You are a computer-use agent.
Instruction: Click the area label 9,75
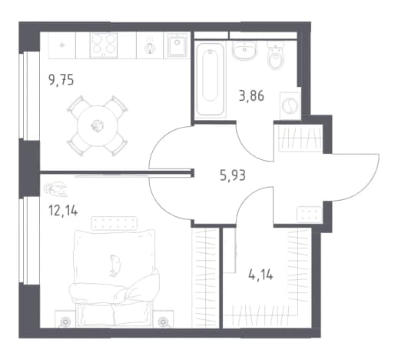click(61, 80)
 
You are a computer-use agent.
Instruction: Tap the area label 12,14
click(63, 212)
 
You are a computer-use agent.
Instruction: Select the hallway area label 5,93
click(233, 175)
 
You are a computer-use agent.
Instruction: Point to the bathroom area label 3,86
click(251, 96)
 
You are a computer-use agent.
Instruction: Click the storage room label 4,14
click(260, 275)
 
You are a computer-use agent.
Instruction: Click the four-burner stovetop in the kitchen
click(104, 45)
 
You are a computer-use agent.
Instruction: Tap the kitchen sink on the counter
click(177, 45)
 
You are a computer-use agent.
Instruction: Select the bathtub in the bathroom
click(211, 79)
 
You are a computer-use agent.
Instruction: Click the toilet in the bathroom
click(276, 56)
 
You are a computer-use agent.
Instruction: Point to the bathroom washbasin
click(244, 51)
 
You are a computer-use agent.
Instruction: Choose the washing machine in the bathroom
click(290, 105)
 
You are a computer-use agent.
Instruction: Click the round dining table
click(98, 125)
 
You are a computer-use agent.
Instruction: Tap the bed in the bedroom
click(114, 278)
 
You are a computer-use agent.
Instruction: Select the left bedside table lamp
click(65, 321)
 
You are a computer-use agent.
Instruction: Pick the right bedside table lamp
click(162, 321)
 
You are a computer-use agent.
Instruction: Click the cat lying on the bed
click(114, 265)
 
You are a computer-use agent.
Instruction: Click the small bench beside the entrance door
click(309, 214)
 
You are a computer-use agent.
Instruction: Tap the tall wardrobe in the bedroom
click(205, 278)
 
